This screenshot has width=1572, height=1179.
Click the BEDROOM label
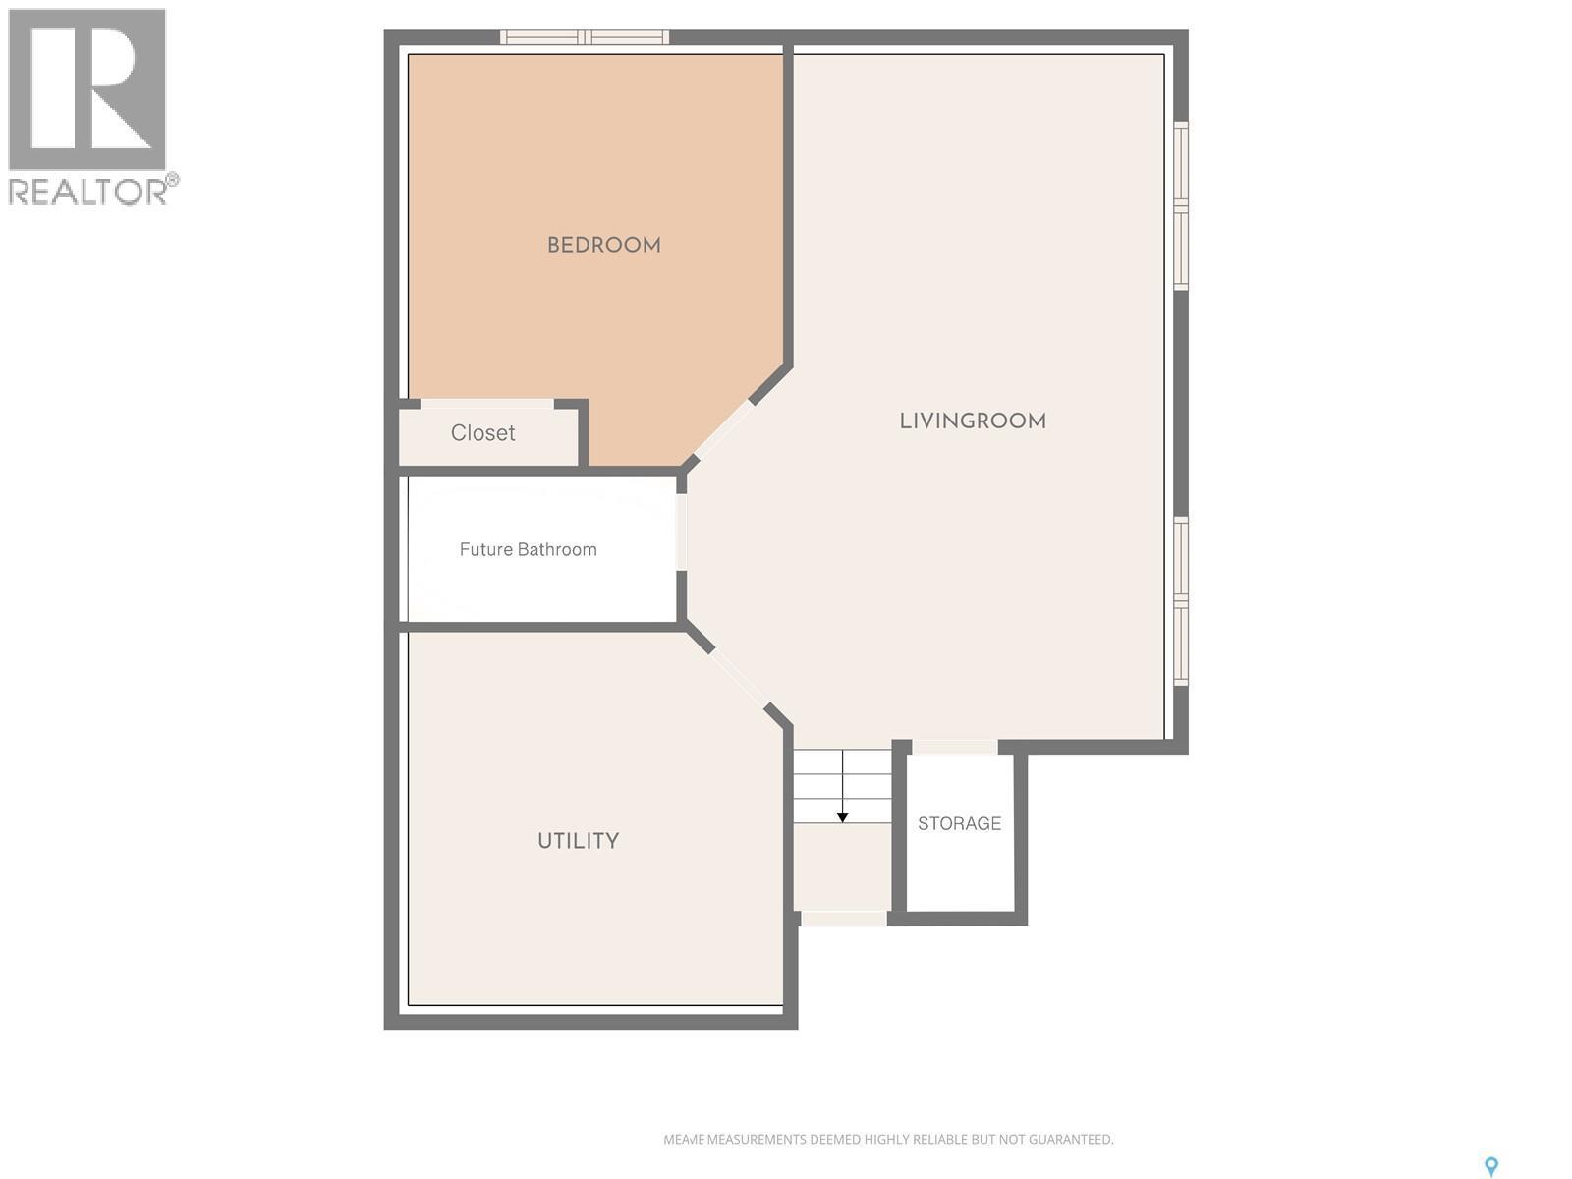coord(603,245)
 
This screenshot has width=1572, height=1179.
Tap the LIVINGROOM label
coord(973,421)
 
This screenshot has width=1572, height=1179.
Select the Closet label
coord(482,433)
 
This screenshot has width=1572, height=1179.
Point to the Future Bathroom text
coord(528,549)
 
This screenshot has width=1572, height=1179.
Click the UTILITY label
coord(578,841)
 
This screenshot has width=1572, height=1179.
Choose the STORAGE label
coord(959,823)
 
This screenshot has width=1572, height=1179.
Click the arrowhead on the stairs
coord(842,817)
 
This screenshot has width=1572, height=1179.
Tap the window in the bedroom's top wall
coord(585,37)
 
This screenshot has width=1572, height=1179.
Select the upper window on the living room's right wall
coord(1181,205)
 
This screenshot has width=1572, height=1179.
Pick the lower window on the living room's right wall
coord(1181,600)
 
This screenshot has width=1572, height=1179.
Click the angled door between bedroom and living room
coord(722,429)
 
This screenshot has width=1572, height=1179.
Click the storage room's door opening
coord(954,747)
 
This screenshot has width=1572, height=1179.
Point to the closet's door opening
coord(486,404)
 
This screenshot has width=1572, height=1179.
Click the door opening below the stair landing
coord(843,919)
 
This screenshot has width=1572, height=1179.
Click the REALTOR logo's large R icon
coord(86,89)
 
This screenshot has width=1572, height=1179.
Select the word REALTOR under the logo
coord(88,192)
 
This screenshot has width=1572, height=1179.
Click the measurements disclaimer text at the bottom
coord(888,1140)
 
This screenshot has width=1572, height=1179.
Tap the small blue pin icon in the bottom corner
coord(1490,1166)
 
